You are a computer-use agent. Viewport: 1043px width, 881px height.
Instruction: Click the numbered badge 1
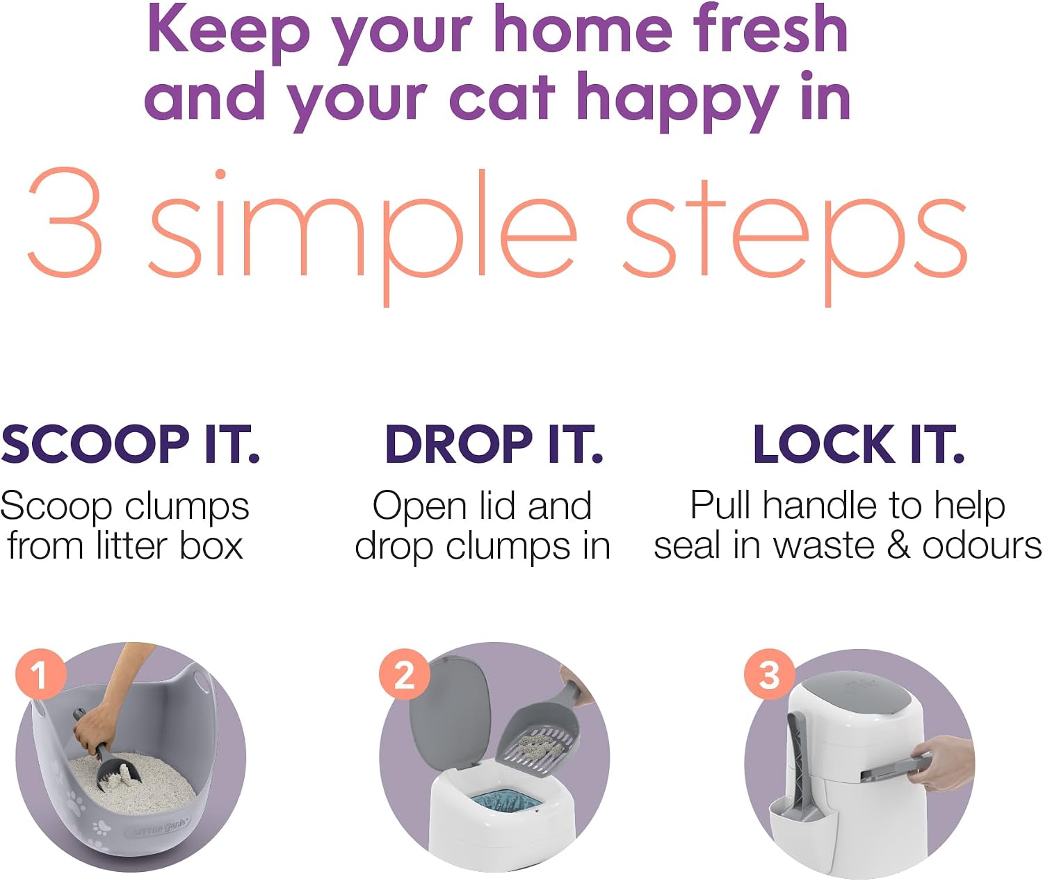click(40, 674)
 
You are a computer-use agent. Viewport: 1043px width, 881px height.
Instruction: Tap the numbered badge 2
click(405, 674)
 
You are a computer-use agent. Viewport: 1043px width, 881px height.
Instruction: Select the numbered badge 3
click(769, 674)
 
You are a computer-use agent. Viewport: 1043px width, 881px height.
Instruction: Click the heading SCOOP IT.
click(130, 444)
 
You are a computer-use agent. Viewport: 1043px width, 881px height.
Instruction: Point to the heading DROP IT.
click(494, 444)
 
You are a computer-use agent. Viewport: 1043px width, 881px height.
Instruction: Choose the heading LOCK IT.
click(859, 444)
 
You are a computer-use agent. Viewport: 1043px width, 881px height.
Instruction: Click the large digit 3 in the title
click(65, 222)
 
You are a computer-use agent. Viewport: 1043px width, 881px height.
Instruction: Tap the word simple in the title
click(362, 236)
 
